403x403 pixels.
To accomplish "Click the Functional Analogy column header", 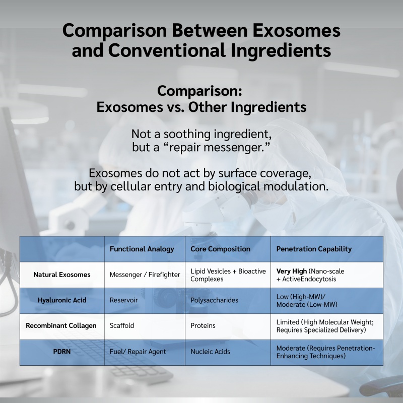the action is click(x=142, y=249).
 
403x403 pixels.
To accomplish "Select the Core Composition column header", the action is click(x=220, y=249).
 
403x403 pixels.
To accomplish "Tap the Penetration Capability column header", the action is click(x=314, y=249).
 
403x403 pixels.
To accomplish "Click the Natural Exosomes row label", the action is click(x=62, y=275).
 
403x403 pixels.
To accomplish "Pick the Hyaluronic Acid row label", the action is click(x=62, y=300).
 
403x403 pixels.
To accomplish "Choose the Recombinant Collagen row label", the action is click(x=61, y=325).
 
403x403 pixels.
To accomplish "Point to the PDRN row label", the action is click(x=62, y=351).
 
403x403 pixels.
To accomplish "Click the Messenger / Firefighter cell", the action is click(x=145, y=275).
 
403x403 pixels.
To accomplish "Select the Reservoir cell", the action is click(x=123, y=300).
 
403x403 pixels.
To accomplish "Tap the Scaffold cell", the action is click(x=122, y=325).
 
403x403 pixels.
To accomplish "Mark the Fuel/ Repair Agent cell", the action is click(x=138, y=352).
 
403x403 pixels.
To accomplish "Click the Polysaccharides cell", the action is click(x=215, y=300).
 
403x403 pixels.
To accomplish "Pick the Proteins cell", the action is click(x=203, y=325).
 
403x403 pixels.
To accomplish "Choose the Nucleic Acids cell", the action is click(x=210, y=351).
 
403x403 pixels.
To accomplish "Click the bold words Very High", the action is click(x=292, y=271).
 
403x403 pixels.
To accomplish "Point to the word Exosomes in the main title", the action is click(x=296, y=30).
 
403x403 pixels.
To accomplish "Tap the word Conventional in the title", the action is click(x=167, y=50).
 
